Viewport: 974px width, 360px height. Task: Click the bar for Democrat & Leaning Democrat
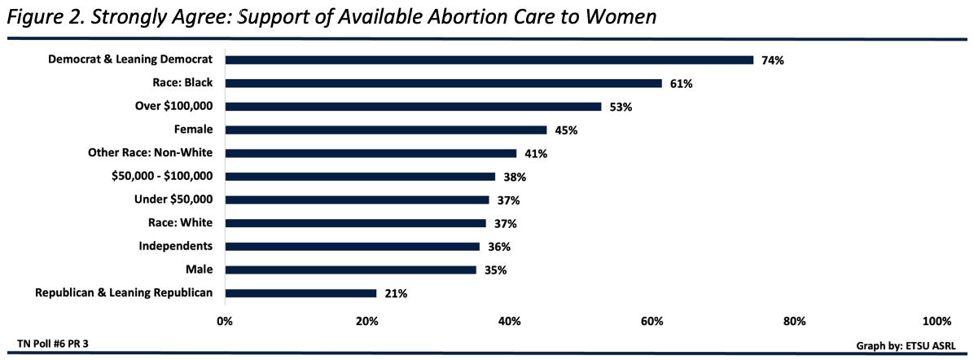tap(489, 59)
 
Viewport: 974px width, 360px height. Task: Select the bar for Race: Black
tap(443, 83)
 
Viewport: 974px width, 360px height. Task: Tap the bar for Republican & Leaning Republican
tap(301, 293)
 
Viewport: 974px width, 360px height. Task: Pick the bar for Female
tap(385, 130)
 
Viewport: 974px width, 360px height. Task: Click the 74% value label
tap(772, 60)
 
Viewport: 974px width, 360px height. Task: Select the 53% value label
tap(622, 107)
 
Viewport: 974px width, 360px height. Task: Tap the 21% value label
tap(397, 294)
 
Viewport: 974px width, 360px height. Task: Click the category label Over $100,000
tap(173, 106)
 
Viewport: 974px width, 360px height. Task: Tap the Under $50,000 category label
tap(173, 200)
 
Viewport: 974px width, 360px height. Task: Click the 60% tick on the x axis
tap(652, 321)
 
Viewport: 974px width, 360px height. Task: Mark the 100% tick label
tap(937, 321)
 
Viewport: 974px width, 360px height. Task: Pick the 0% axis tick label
tap(225, 321)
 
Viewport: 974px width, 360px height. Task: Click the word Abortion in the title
tap(445, 17)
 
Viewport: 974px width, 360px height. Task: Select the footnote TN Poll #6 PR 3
tap(53, 343)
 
